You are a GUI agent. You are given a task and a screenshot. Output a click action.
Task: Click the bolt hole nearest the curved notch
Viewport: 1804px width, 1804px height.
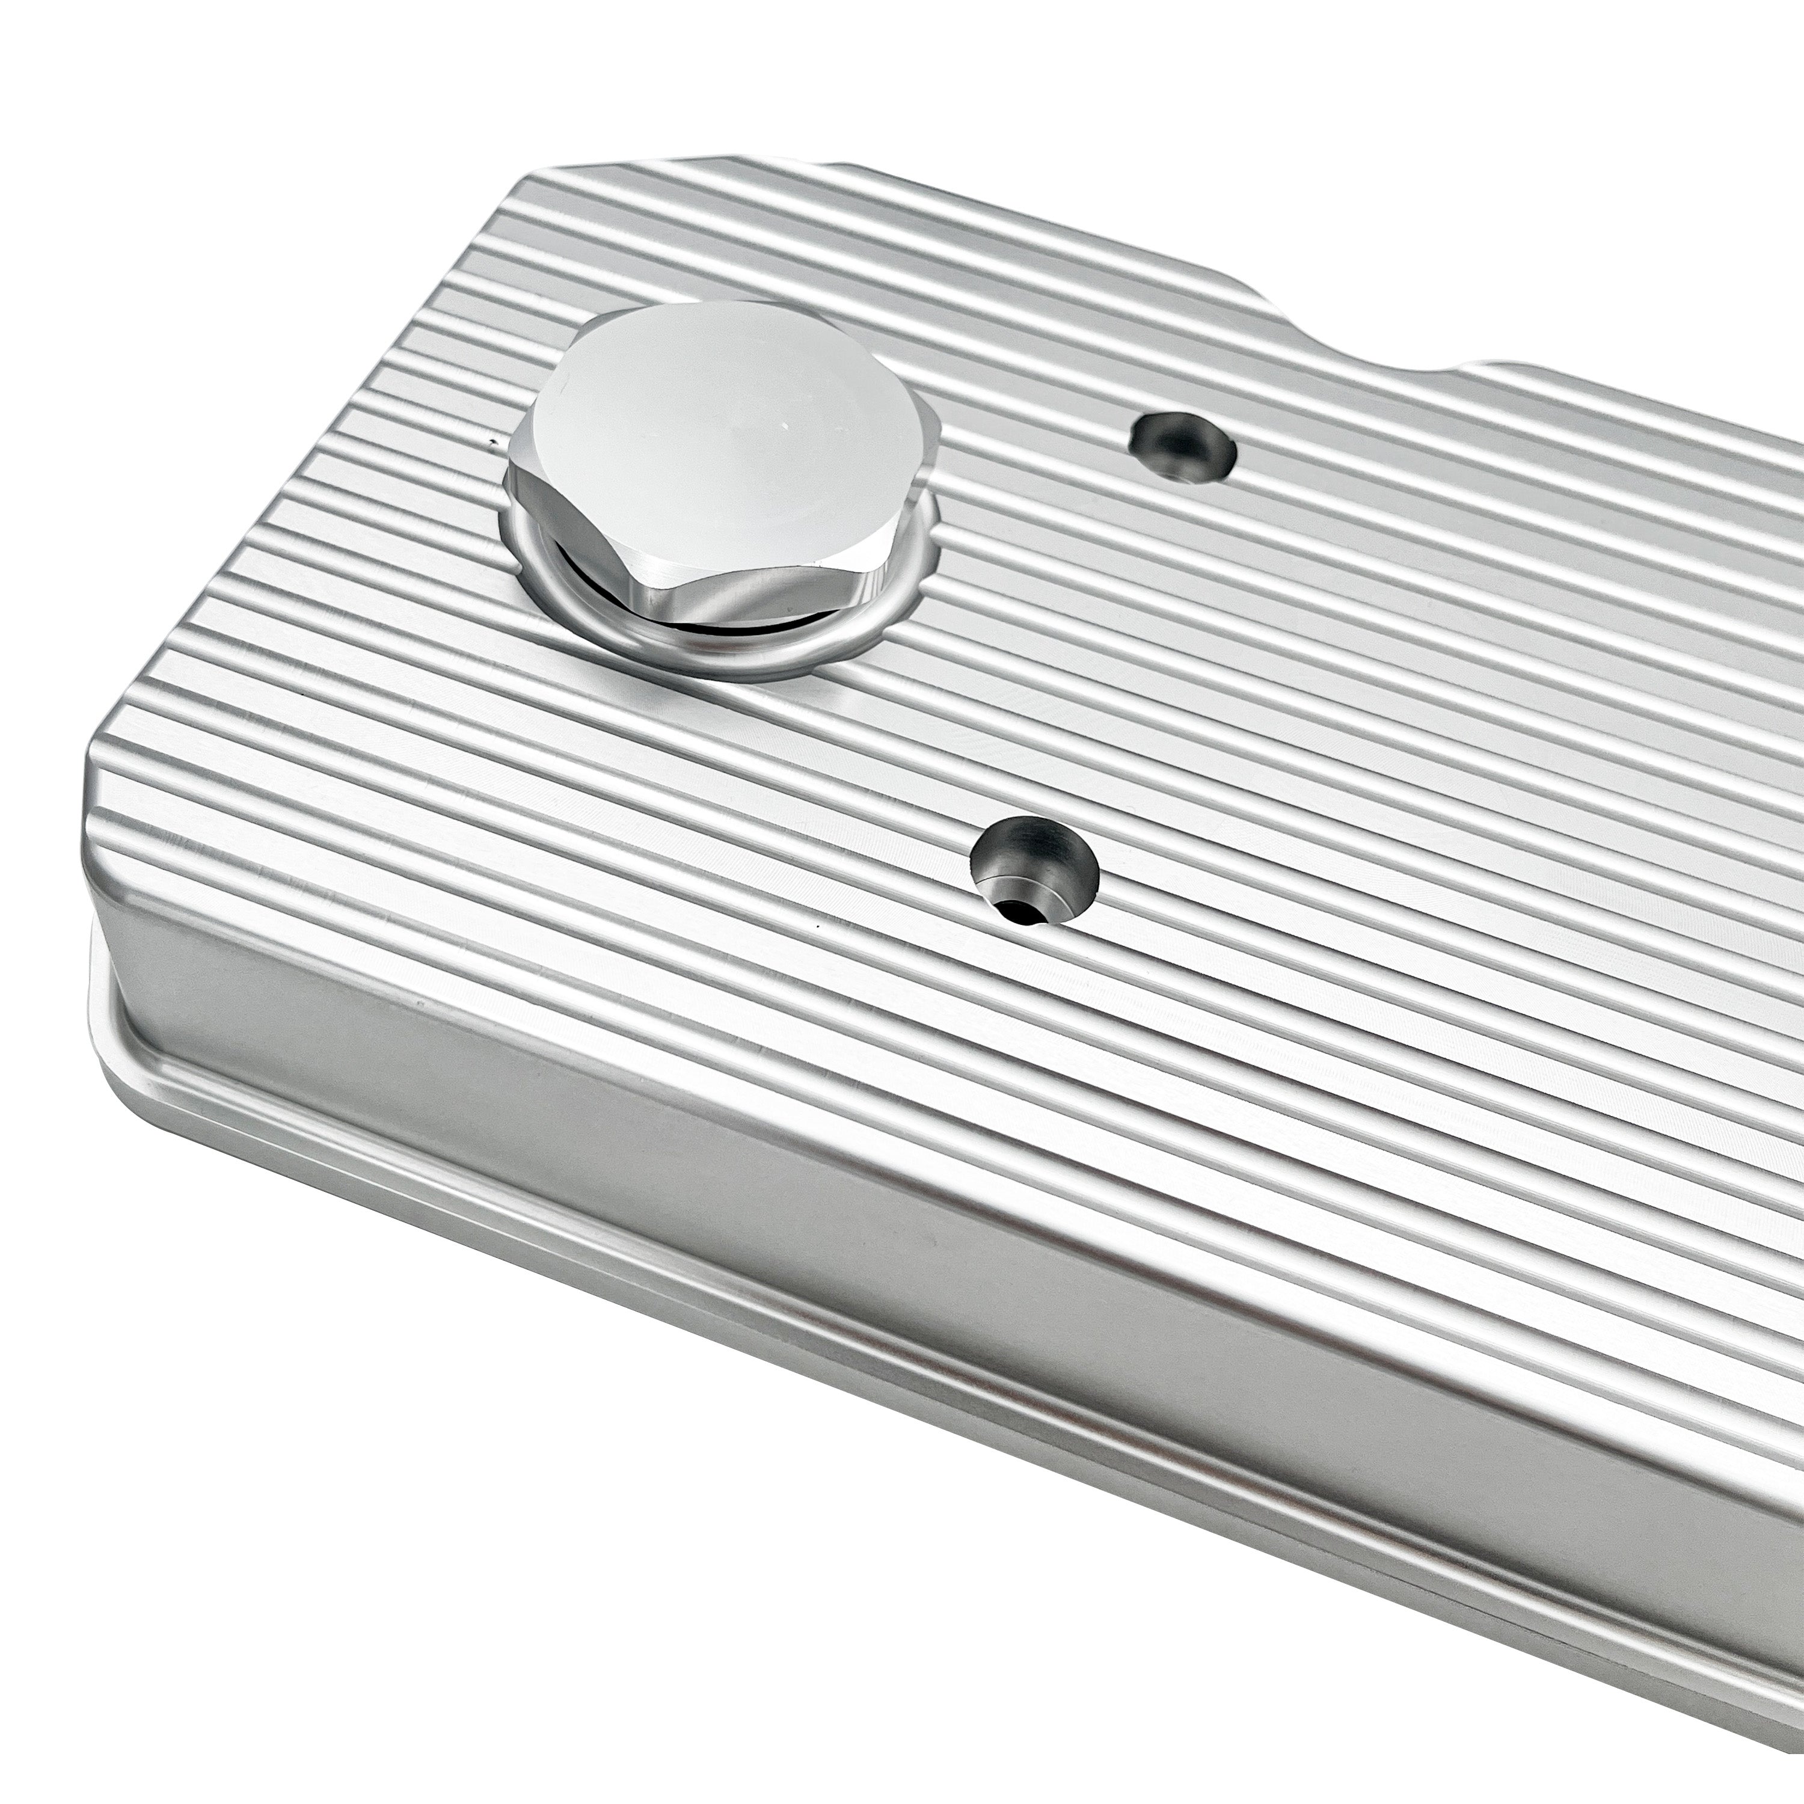tap(1182, 448)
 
